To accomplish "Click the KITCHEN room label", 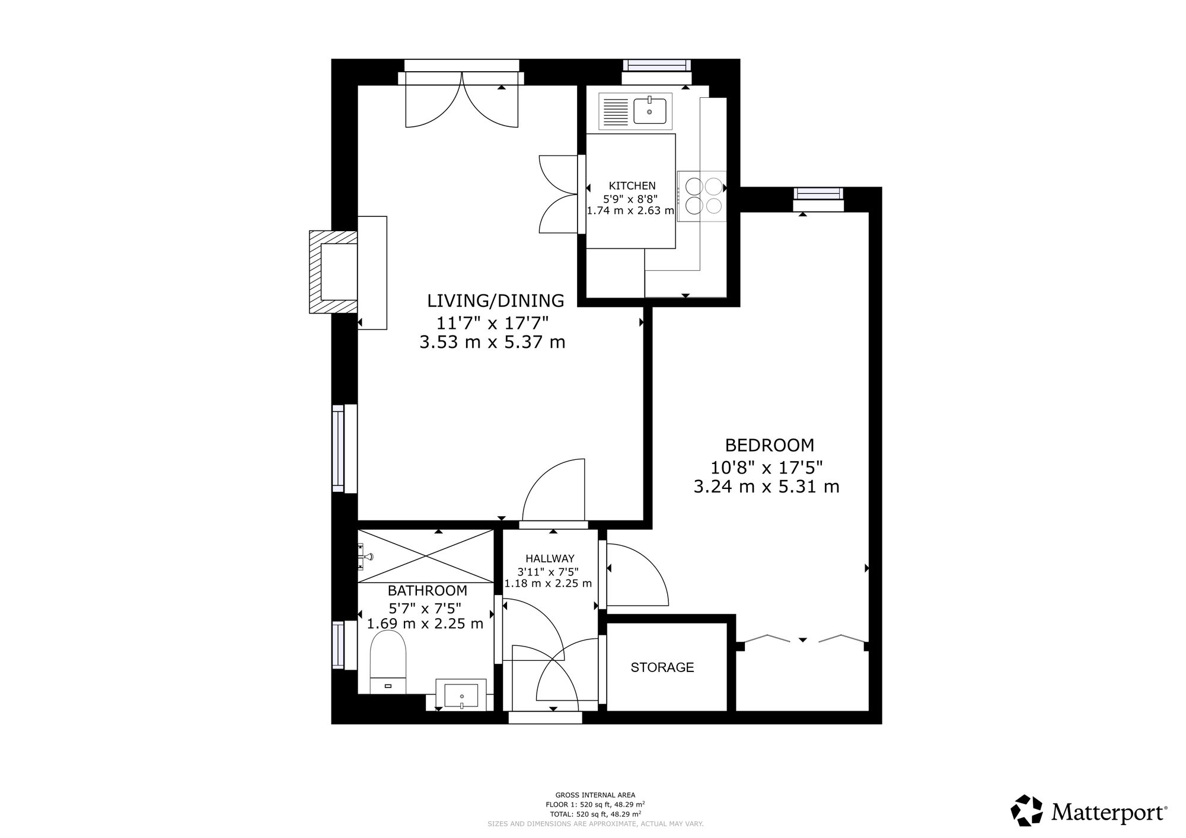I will point(632,185).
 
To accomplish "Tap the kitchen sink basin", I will point(649,111).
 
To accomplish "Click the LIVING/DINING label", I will point(496,300).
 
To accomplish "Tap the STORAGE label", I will point(662,667).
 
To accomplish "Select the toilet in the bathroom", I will point(388,661).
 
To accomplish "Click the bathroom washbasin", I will point(461,694).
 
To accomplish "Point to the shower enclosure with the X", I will point(426,556).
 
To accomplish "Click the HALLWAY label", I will point(550,558).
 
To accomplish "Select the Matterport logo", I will point(1089,810).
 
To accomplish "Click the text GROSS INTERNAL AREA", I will point(595,795).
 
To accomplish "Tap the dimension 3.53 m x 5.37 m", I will point(492,343).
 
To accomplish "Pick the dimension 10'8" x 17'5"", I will point(767,468).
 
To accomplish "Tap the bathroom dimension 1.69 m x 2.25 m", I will point(425,623).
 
